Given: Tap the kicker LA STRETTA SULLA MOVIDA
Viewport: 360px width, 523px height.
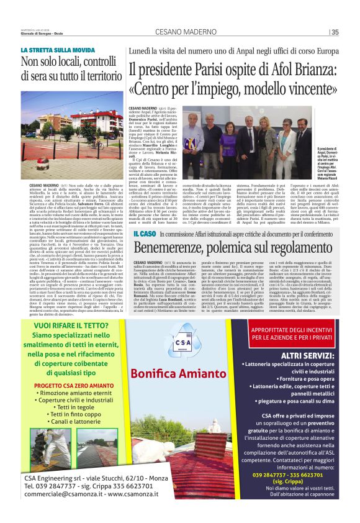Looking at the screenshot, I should [x=58, y=50].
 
